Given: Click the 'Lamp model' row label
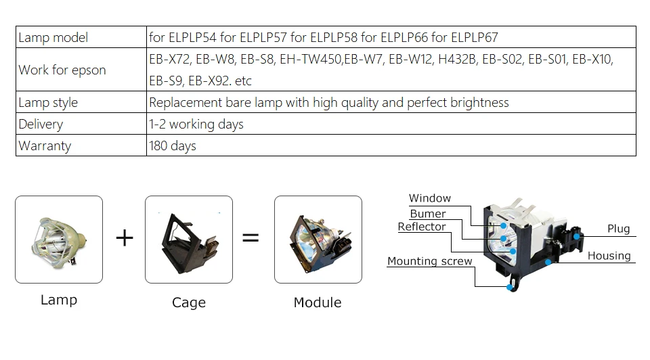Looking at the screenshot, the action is click(53, 37).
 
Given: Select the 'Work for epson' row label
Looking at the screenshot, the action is click(62, 70).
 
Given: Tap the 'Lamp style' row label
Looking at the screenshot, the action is click(48, 103).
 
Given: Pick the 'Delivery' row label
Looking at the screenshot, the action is click(41, 125).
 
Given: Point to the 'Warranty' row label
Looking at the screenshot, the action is click(45, 146).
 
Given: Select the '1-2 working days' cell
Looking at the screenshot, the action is click(196, 125).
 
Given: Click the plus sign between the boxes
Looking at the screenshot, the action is click(125, 238).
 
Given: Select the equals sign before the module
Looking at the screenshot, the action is click(251, 238).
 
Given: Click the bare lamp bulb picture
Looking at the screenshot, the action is click(59, 239).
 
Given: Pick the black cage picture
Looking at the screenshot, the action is click(189, 239).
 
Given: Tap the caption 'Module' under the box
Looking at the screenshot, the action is click(318, 302).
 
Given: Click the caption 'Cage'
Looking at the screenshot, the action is click(189, 302).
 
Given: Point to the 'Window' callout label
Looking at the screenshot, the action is click(430, 198).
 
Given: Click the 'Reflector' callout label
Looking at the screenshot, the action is click(422, 227).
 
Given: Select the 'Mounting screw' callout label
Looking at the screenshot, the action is click(430, 261).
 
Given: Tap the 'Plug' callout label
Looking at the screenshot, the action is click(618, 229).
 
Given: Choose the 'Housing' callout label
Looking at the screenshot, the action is click(609, 256).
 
